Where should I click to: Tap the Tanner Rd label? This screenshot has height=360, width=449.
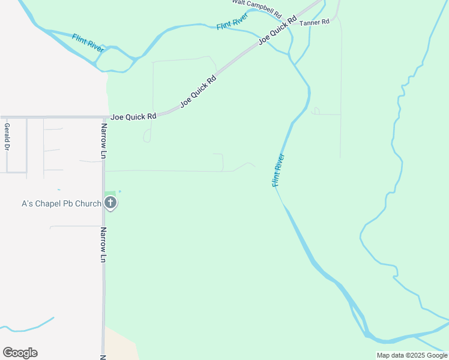[315, 22]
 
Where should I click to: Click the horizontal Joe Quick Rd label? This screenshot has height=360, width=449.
[133, 116]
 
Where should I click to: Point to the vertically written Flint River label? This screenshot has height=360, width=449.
[278, 170]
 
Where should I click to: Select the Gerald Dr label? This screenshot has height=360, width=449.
[7, 137]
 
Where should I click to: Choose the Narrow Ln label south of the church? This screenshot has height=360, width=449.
[103, 245]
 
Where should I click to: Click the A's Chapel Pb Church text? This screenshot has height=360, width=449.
[61, 203]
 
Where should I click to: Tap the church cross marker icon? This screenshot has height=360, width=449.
[110, 203]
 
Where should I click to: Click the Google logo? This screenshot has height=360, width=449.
[20, 353]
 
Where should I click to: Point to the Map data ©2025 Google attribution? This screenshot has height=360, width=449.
[412, 355]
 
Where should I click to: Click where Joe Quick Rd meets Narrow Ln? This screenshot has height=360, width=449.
[104, 117]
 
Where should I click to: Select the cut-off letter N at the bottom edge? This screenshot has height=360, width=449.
[102, 356]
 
